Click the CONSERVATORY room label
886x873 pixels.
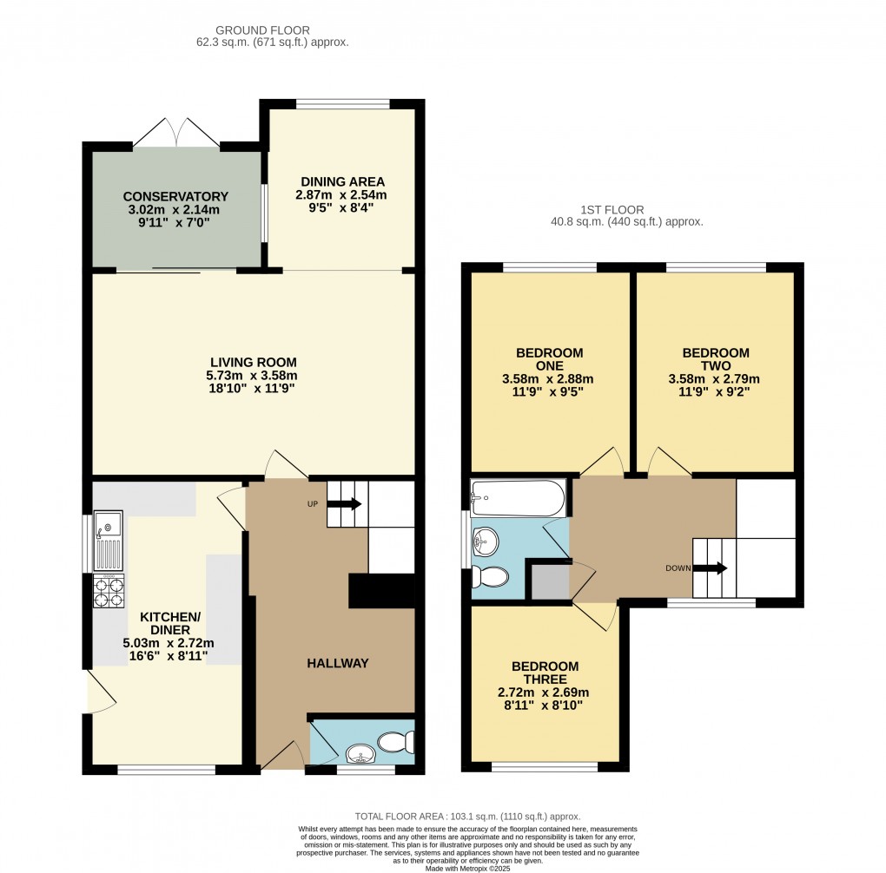(x=175, y=196)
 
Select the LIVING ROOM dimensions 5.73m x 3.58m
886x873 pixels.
(x=253, y=376)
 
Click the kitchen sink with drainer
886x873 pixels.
(x=109, y=541)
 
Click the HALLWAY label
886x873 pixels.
(x=337, y=663)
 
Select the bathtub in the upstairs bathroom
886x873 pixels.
(x=518, y=498)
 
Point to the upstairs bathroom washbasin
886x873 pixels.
(x=485, y=543)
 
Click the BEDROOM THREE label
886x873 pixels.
(x=545, y=673)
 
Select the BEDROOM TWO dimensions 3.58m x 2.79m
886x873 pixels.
(x=715, y=379)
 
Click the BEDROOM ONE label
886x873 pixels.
(x=549, y=359)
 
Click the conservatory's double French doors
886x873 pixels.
(x=177, y=131)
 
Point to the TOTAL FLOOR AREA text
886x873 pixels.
(x=467, y=817)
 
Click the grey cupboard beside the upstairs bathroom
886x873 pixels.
(x=548, y=581)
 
